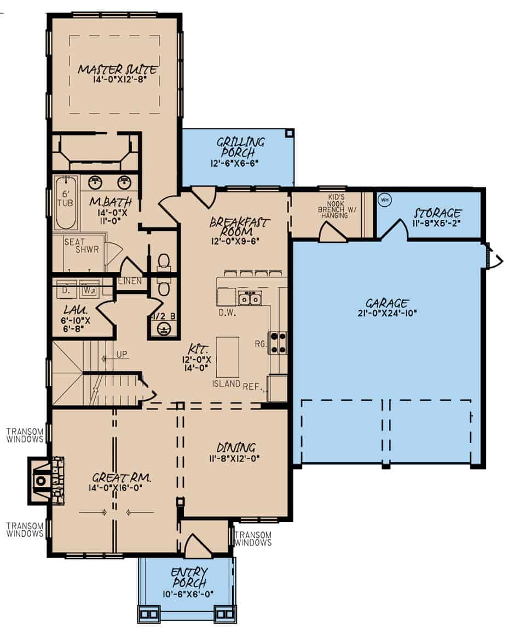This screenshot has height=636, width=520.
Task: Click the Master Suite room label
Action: coord(117,70)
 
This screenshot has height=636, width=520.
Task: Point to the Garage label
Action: coord(386,303)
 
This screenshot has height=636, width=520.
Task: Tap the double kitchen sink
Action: coord(250,299)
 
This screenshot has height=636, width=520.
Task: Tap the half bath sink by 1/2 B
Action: coord(163,329)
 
